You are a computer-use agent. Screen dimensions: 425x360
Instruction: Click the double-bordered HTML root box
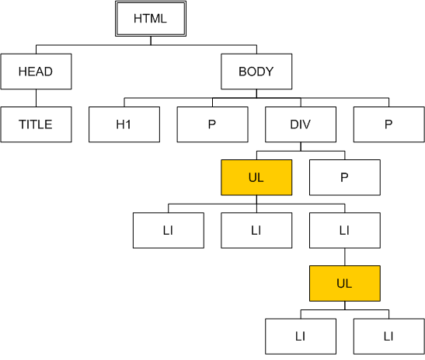click(151, 19)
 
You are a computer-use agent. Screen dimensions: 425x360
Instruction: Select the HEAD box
click(36, 72)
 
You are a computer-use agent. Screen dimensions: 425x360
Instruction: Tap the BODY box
click(256, 72)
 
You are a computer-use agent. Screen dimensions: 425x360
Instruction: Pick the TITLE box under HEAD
click(36, 124)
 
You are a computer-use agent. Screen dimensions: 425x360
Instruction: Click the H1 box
click(124, 124)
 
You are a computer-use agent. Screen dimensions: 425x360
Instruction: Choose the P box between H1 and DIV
click(213, 124)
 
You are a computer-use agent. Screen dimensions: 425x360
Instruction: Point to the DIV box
click(301, 124)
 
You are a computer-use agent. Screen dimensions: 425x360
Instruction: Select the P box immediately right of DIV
click(389, 124)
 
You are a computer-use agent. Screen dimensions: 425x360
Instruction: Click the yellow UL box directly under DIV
click(256, 177)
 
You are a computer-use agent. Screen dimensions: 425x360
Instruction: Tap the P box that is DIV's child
click(345, 177)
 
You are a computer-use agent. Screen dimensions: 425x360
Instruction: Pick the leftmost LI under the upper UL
click(169, 230)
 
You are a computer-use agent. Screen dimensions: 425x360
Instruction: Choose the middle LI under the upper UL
click(256, 230)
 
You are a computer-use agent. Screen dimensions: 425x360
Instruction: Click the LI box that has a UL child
click(345, 230)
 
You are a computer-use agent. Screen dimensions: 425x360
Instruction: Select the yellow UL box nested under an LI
click(345, 283)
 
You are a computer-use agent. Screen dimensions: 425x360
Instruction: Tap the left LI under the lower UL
click(301, 337)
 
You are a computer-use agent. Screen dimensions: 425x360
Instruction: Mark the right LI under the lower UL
click(389, 337)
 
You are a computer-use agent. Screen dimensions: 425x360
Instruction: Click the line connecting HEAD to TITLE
click(36, 98)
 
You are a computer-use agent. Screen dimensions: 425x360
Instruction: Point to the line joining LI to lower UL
click(345, 257)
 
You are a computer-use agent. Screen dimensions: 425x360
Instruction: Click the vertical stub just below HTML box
click(151, 40)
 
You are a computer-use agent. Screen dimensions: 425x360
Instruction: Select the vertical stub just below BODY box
click(256, 93)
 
